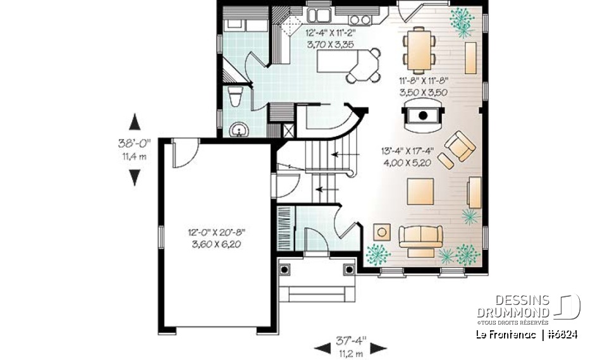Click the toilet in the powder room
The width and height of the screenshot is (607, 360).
pos(235,97)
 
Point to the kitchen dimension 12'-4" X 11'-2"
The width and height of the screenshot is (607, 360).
pos(329,37)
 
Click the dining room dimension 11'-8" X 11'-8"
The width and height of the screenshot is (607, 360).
pos(423,85)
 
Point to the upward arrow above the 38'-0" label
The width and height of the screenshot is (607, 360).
pos(134,121)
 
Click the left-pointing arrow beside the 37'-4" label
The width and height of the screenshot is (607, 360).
pos(322,347)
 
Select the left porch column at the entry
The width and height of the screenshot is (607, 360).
pos(285,270)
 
